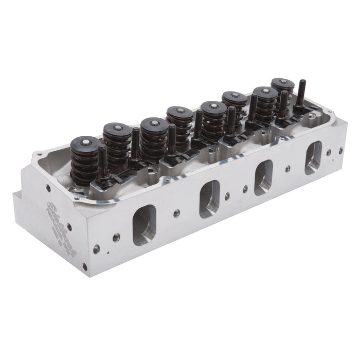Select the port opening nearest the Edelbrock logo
coord(144,225)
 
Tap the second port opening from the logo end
coord(209,198)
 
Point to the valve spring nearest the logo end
coord(85,159)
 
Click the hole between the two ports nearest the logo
coord(176,213)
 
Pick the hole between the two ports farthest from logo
coord(287,168)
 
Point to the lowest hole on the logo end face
coord(84,266)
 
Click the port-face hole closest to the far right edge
coord(340,151)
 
